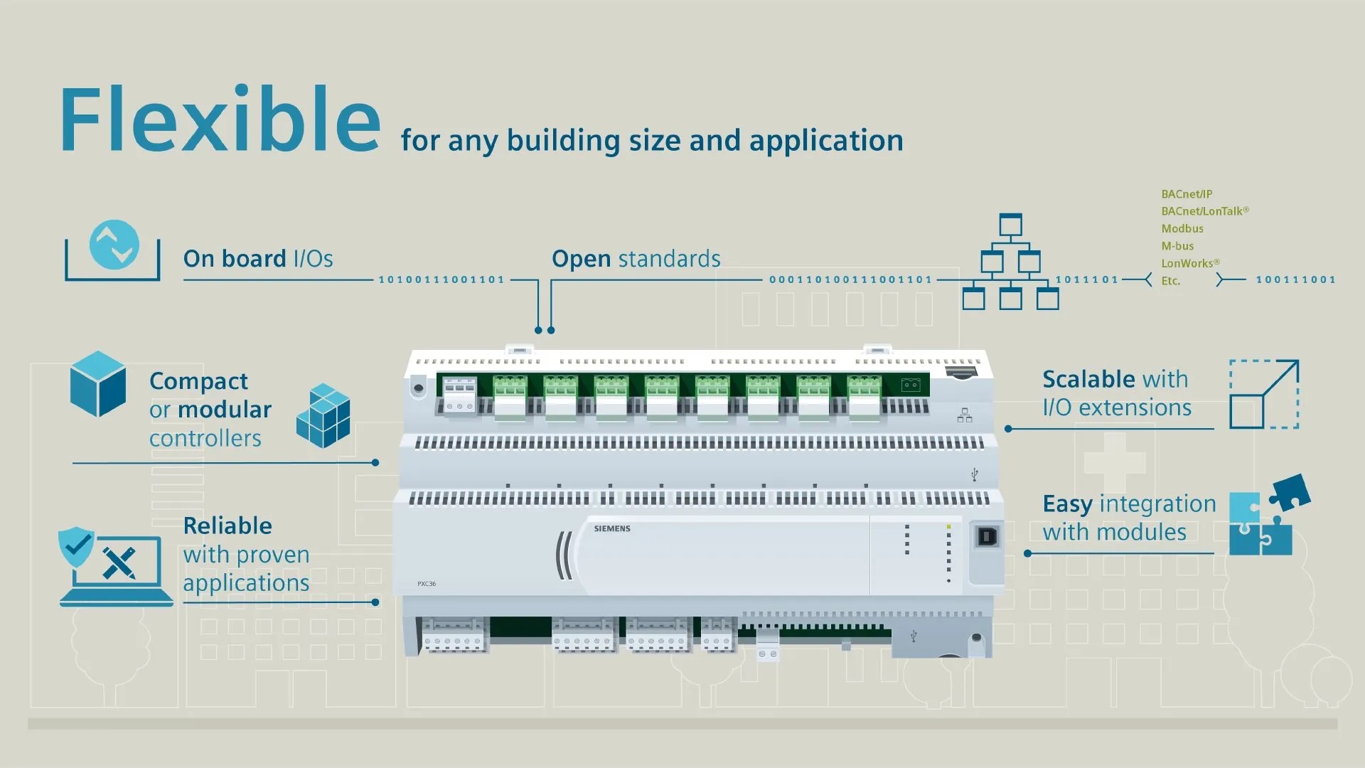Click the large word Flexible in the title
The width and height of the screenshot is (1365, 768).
coord(220,119)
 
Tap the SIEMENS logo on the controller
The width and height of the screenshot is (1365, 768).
coord(612,528)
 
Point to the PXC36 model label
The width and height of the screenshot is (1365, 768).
coord(427,584)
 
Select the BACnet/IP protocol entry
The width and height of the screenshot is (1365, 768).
coord(1187,194)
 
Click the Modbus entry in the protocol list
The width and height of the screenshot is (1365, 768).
coord(1182,228)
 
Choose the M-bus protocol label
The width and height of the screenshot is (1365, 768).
coord(1177,246)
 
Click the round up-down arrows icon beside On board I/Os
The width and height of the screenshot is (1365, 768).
coord(114,245)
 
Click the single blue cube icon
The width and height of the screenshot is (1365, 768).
coord(98,384)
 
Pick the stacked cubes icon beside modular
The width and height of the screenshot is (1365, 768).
coord(323,416)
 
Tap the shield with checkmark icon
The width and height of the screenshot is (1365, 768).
coord(76,546)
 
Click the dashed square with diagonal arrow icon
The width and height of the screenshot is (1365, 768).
coord(1264,394)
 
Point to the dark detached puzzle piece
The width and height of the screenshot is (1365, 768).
coord(1290,491)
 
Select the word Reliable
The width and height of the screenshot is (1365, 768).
coord(227,526)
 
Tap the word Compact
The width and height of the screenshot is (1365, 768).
coord(198,382)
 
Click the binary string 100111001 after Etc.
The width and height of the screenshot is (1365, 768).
coord(1295,279)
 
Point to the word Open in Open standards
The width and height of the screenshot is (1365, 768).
coord(581,259)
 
